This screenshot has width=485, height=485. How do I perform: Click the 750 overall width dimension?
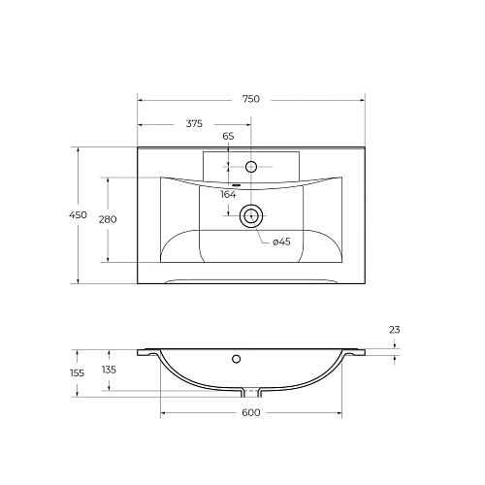click(x=250, y=99)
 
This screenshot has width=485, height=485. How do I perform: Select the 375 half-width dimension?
click(x=193, y=122)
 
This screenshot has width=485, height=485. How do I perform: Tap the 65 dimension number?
click(x=229, y=136)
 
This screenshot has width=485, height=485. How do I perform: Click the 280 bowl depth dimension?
click(x=108, y=219)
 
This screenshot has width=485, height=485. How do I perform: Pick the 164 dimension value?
click(x=229, y=195)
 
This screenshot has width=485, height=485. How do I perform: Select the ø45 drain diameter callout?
click(x=280, y=242)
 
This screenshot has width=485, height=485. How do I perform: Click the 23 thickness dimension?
click(x=394, y=331)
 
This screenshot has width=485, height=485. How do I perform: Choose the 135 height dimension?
click(x=109, y=370)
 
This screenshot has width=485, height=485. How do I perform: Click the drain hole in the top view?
click(x=252, y=216)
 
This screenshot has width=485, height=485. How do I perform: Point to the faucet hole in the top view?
click(x=251, y=166)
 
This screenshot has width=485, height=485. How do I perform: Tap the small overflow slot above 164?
click(x=235, y=184)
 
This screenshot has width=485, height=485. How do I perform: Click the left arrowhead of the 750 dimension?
click(x=141, y=99)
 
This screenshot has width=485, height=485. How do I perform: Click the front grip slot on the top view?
click(x=251, y=282)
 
